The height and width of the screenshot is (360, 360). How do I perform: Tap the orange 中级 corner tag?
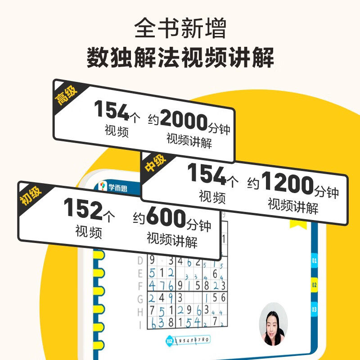coord(154,163)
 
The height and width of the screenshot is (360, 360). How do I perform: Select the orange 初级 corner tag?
coord(30,194)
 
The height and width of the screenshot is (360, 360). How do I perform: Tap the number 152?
coord(82,208)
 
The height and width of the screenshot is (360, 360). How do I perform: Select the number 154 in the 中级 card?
coord(207,173)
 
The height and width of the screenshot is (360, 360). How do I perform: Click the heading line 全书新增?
coord(180,28)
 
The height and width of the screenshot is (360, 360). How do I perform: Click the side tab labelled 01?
coord(314,261)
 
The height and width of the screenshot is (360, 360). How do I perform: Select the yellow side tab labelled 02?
coord(314,285)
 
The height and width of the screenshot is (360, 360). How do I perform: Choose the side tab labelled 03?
coord(314,309)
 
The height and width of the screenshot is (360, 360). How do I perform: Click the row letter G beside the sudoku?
coord(140,297)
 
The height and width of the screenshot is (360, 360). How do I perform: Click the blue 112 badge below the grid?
coord(169,338)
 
